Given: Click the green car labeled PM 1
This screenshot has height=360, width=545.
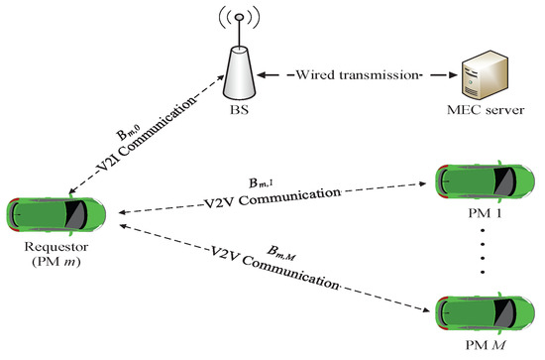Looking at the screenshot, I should (x=486, y=180).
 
